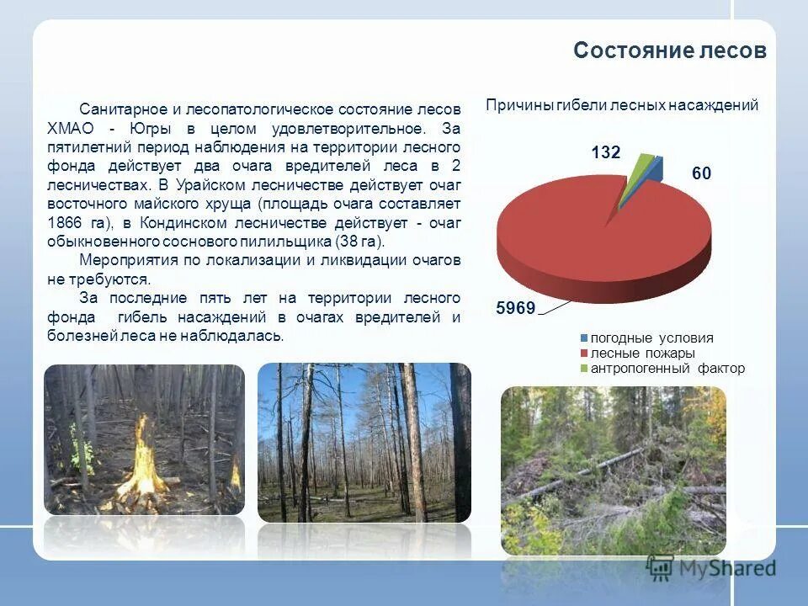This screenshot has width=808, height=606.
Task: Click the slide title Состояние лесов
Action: click(670, 51)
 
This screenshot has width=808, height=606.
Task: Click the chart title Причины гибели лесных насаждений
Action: click(622, 105)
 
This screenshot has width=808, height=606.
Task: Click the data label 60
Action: click(702, 173)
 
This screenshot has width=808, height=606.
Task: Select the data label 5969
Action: click(516, 308)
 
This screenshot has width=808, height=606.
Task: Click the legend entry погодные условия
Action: click(651, 338)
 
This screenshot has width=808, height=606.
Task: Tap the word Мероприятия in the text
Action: click(125, 259)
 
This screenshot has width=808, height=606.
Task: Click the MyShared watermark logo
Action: click(712, 568)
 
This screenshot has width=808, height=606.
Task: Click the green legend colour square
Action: click(582, 369)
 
